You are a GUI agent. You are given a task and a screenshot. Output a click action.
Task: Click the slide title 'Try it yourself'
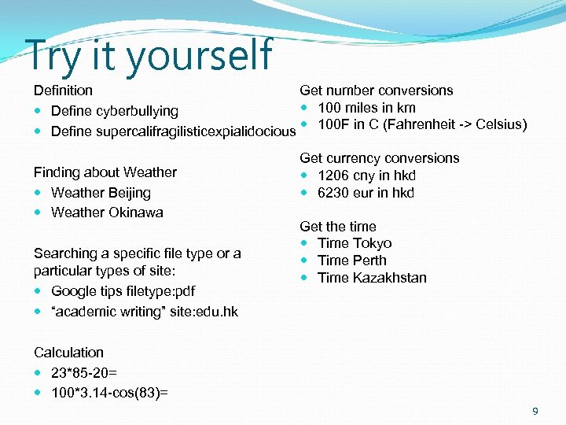click(149, 55)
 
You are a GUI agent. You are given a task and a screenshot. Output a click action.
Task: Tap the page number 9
click(535, 411)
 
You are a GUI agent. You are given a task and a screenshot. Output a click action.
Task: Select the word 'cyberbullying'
click(138, 111)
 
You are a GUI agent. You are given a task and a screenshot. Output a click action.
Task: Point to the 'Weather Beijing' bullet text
click(101, 192)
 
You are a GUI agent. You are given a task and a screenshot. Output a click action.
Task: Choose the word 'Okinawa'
click(135, 212)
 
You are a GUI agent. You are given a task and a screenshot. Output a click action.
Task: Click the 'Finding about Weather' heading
click(105, 172)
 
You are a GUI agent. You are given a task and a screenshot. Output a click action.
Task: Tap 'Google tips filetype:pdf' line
click(123, 291)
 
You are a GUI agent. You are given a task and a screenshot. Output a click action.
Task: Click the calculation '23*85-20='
click(84, 372)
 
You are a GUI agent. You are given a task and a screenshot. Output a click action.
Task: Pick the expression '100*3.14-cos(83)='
click(109, 392)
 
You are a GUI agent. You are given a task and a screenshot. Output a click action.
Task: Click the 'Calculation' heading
click(68, 353)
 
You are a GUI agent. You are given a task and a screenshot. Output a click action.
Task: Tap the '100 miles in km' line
click(366, 108)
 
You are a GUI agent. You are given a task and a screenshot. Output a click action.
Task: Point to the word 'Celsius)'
click(502, 124)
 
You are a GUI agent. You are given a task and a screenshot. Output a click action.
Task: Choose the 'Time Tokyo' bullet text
click(354, 243)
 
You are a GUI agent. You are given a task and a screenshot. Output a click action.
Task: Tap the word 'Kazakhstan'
click(390, 278)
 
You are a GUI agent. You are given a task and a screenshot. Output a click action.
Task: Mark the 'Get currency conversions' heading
click(380, 158)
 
